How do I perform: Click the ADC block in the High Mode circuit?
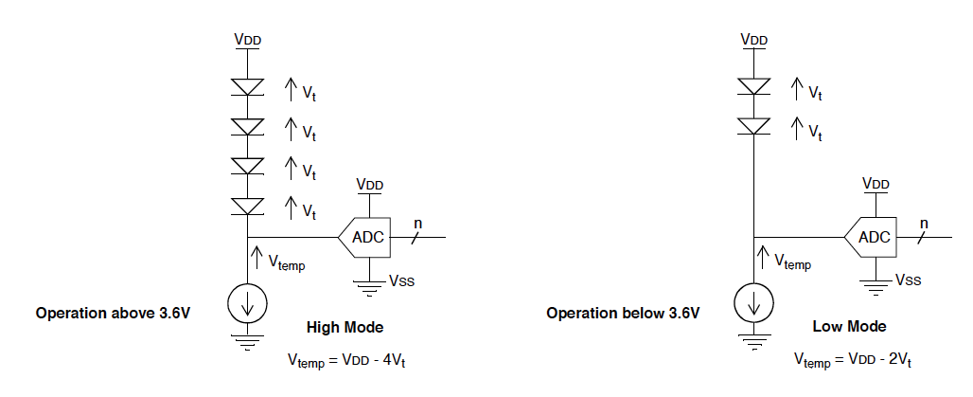tap(366, 237)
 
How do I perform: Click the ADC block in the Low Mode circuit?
tap(873, 237)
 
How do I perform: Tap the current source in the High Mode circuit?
tap(248, 302)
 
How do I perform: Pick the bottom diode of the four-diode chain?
tap(248, 206)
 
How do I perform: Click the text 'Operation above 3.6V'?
tap(113, 313)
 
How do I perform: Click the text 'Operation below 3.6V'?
tap(623, 313)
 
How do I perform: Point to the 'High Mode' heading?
tap(345, 328)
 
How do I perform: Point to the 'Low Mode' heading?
tap(849, 327)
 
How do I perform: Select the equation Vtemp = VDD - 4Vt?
tap(352, 360)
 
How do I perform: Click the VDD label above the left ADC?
tap(369, 183)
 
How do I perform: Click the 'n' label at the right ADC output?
tap(924, 224)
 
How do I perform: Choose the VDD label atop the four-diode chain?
tap(248, 40)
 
